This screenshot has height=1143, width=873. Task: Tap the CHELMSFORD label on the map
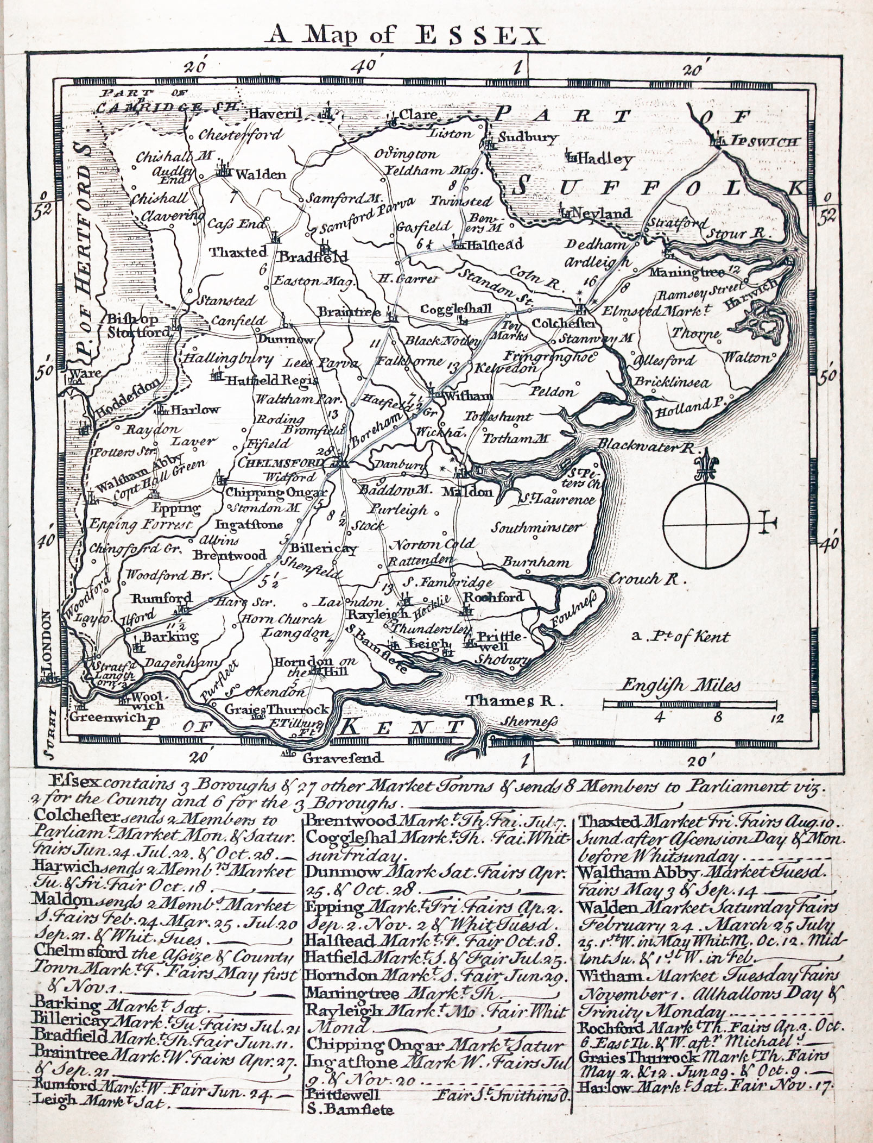(x=282, y=462)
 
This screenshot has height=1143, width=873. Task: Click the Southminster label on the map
(x=537, y=527)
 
